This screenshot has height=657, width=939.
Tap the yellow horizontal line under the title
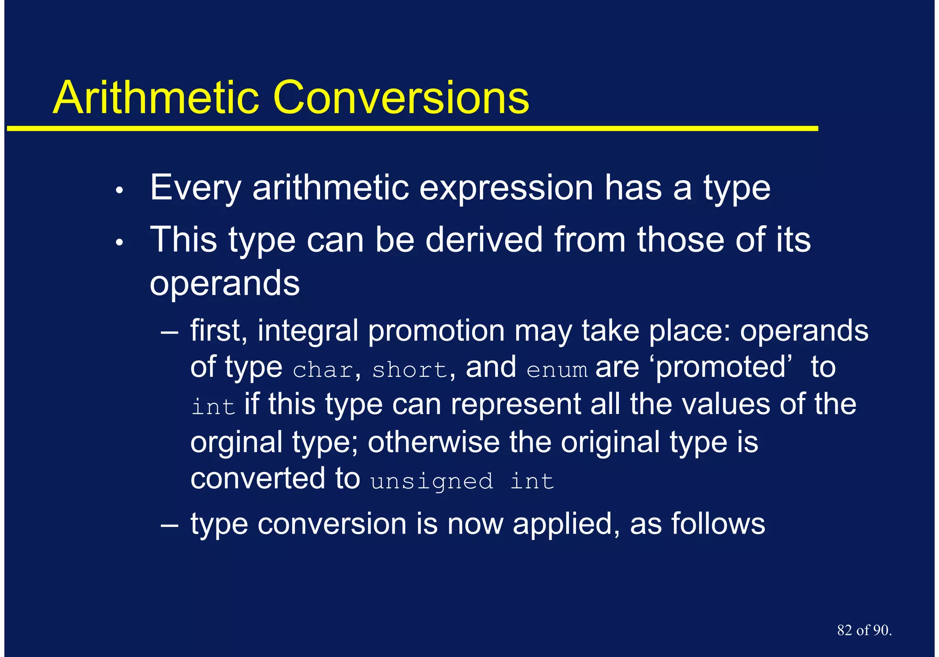pyautogui.click(x=413, y=129)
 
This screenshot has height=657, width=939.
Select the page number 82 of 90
pyautogui.click(x=864, y=630)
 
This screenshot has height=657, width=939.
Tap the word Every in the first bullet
pyautogui.click(x=195, y=188)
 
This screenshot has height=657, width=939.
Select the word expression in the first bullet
pyautogui.click(x=506, y=188)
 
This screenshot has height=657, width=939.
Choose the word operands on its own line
pyautogui.click(x=225, y=283)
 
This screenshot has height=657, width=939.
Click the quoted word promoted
pyautogui.click(x=720, y=368)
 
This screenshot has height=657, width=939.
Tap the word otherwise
pyautogui.click(x=433, y=442)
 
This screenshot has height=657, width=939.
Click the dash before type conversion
pyautogui.click(x=170, y=524)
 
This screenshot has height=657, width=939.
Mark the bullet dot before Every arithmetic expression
pyautogui.click(x=119, y=190)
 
